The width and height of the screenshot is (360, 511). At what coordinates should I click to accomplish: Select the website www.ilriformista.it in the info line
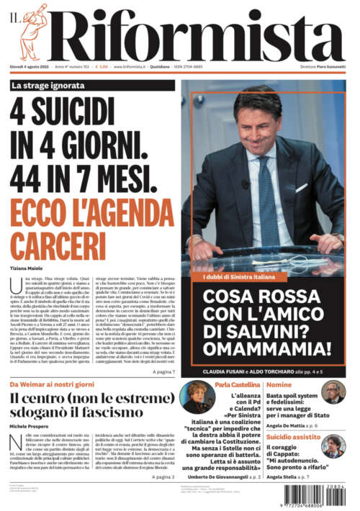[130, 66]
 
